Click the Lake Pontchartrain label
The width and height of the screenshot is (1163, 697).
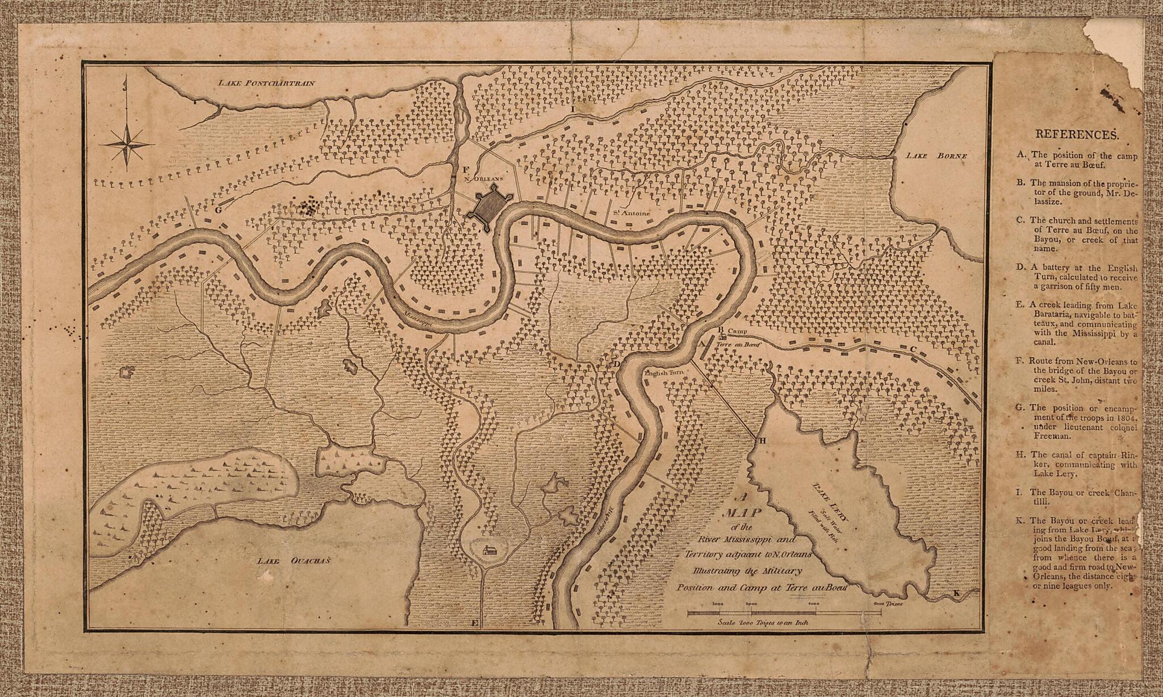[x=266, y=83]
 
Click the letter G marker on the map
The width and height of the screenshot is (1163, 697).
[x=217, y=209]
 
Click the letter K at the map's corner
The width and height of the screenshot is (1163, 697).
[x=956, y=593]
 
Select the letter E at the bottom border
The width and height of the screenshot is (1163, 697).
[x=475, y=624]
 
